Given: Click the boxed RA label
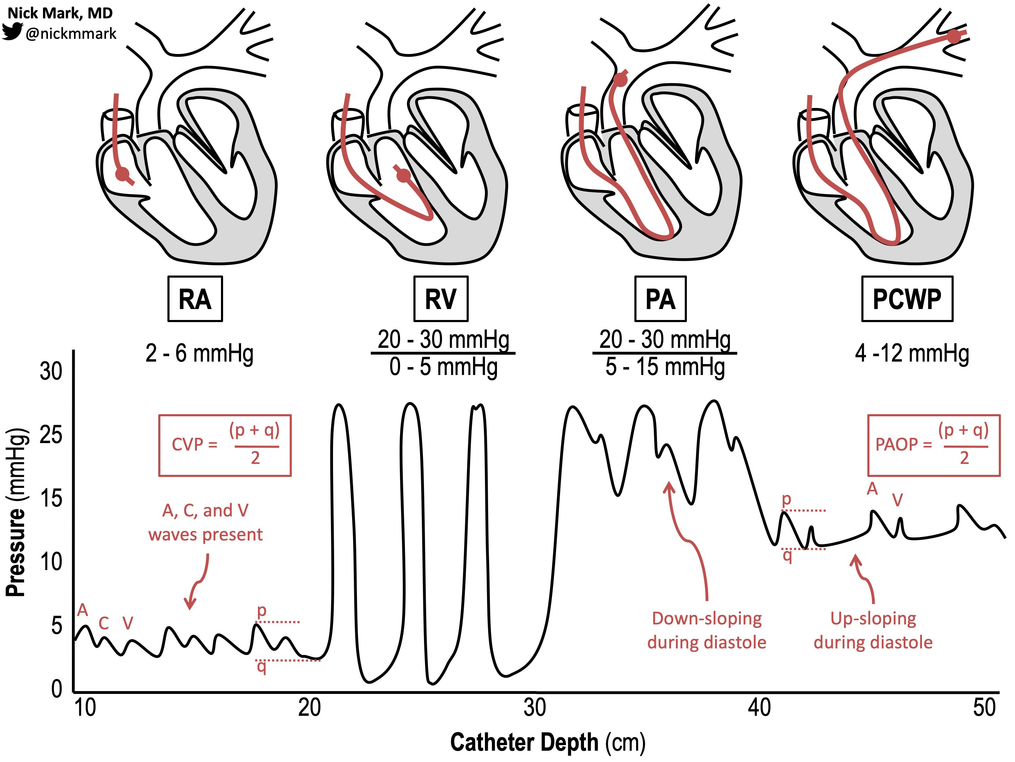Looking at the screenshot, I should pyautogui.click(x=195, y=299).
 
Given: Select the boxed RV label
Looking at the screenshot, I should pyautogui.click(x=441, y=299).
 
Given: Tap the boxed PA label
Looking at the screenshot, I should pyautogui.click(x=660, y=299).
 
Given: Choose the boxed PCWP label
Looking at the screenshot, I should pyautogui.click(x=907, y=299).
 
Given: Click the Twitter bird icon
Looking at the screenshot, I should pyautogui.click(x=12, y=32).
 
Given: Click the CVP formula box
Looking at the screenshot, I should pyautogui.click(x=225, y=445).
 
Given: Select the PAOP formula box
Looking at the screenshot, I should pyautogui.click(x=933, y=445).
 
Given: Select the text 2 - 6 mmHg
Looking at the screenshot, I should pyautogui.click(x=199, y=354).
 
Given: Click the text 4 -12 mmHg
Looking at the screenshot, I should pyautogui.click(x=912, y=354).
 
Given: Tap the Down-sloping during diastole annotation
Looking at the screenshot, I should pyautogui.click(x=707, y=630).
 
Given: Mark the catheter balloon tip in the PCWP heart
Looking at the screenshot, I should pyautogui.click(x=954, y=37).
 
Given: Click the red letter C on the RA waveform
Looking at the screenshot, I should pyautogui.click(x=104, y=623).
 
